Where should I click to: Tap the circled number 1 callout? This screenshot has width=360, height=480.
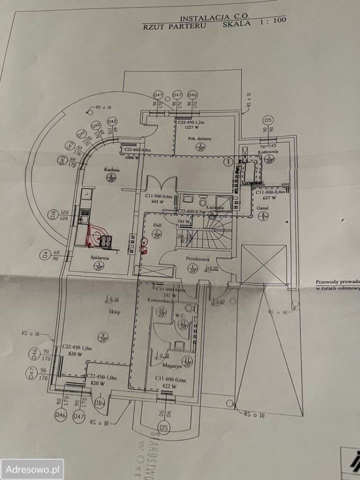[x=228, y=161]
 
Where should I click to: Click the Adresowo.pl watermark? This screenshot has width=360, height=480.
[x=32, y=469]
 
